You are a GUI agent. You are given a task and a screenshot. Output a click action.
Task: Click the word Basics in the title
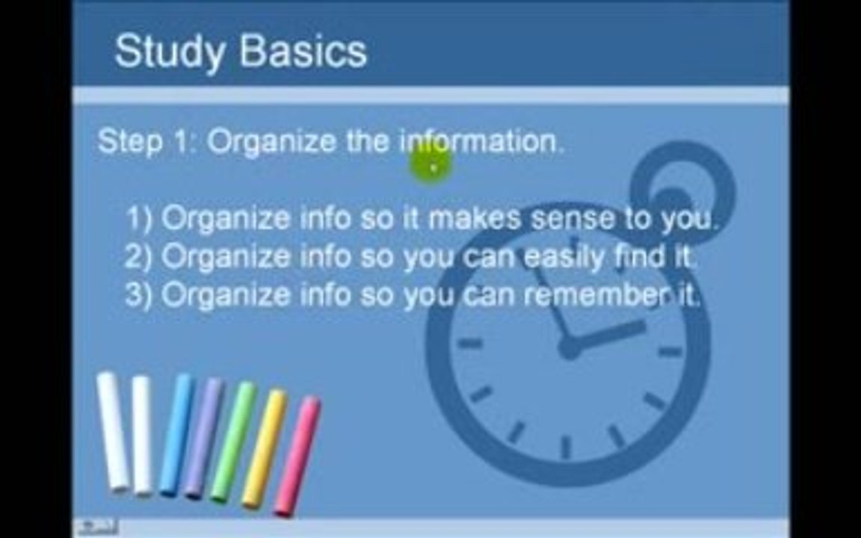tap(303, 51)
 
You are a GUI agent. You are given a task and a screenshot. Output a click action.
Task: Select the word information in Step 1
tap(481, 141)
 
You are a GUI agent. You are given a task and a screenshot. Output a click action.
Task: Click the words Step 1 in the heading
tap(143, 142)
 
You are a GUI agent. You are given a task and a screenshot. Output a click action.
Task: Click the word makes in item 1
tap(473, 218)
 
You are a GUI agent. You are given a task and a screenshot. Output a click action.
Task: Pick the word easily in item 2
tap(564, 257)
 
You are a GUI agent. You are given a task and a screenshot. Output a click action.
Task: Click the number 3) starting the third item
tap(139, 295)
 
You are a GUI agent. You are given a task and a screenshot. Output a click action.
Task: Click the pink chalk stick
tap(297, 457)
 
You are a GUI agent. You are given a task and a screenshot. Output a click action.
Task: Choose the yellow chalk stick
tap(265, 448)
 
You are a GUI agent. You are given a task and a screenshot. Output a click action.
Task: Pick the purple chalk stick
tap(203, 438)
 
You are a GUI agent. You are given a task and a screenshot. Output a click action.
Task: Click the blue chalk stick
tap(176, 435)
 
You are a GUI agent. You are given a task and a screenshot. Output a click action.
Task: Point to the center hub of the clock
tap(570, 347)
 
